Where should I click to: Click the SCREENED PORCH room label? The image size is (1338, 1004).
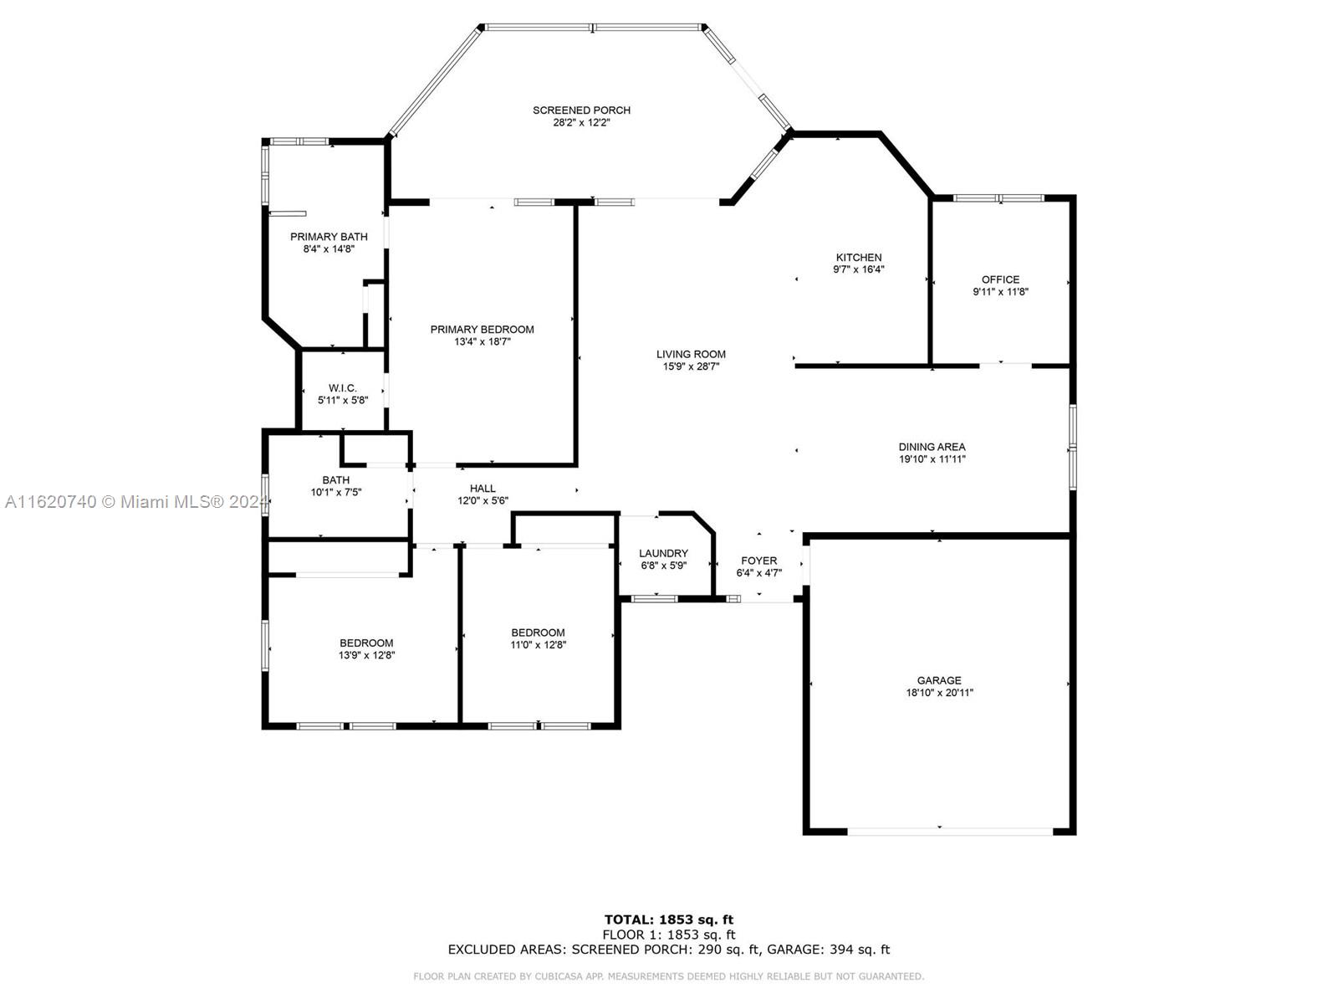(x=581, y=110)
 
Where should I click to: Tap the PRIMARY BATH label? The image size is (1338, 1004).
(x=329, y=237)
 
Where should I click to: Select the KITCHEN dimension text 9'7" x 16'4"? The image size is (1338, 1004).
(x=858, y=269)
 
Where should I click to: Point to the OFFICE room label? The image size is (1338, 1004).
(x=1000, y=279)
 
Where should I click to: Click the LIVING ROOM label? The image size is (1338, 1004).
(x=691, y=354)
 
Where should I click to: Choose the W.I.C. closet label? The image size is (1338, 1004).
(x=343, y=388)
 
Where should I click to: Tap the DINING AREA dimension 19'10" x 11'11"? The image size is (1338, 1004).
(x=932, y=459)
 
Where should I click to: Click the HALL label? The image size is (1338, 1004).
(x=483, y=489)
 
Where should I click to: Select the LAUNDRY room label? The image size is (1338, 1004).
(x=663, y=553)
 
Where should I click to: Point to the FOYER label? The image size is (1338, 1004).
(x=759, y=561)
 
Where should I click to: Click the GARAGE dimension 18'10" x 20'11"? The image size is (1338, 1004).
(x=939, y=693)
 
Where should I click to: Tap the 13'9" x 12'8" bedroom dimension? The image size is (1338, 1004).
(x=366, y=655)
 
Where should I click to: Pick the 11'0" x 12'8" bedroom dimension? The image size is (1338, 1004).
(x=538, y=645)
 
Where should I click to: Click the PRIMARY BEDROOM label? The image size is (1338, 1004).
(x=482, y=329)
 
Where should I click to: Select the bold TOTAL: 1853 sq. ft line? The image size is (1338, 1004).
(x=669, y=919)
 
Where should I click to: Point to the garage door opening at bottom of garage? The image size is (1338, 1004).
(x=950, y=832)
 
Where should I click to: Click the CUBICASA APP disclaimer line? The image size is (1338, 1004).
(x=669, y=976)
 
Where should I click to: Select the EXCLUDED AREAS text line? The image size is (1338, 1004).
(x=669, y=949)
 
